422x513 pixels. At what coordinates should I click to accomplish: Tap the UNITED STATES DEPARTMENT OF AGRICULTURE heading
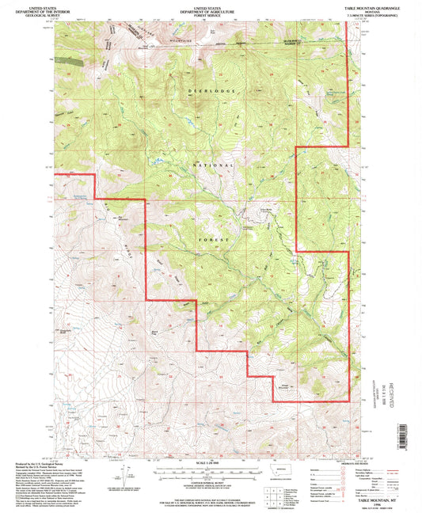click(210, 9)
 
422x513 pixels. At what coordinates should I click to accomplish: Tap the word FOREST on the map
click(212, 237)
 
